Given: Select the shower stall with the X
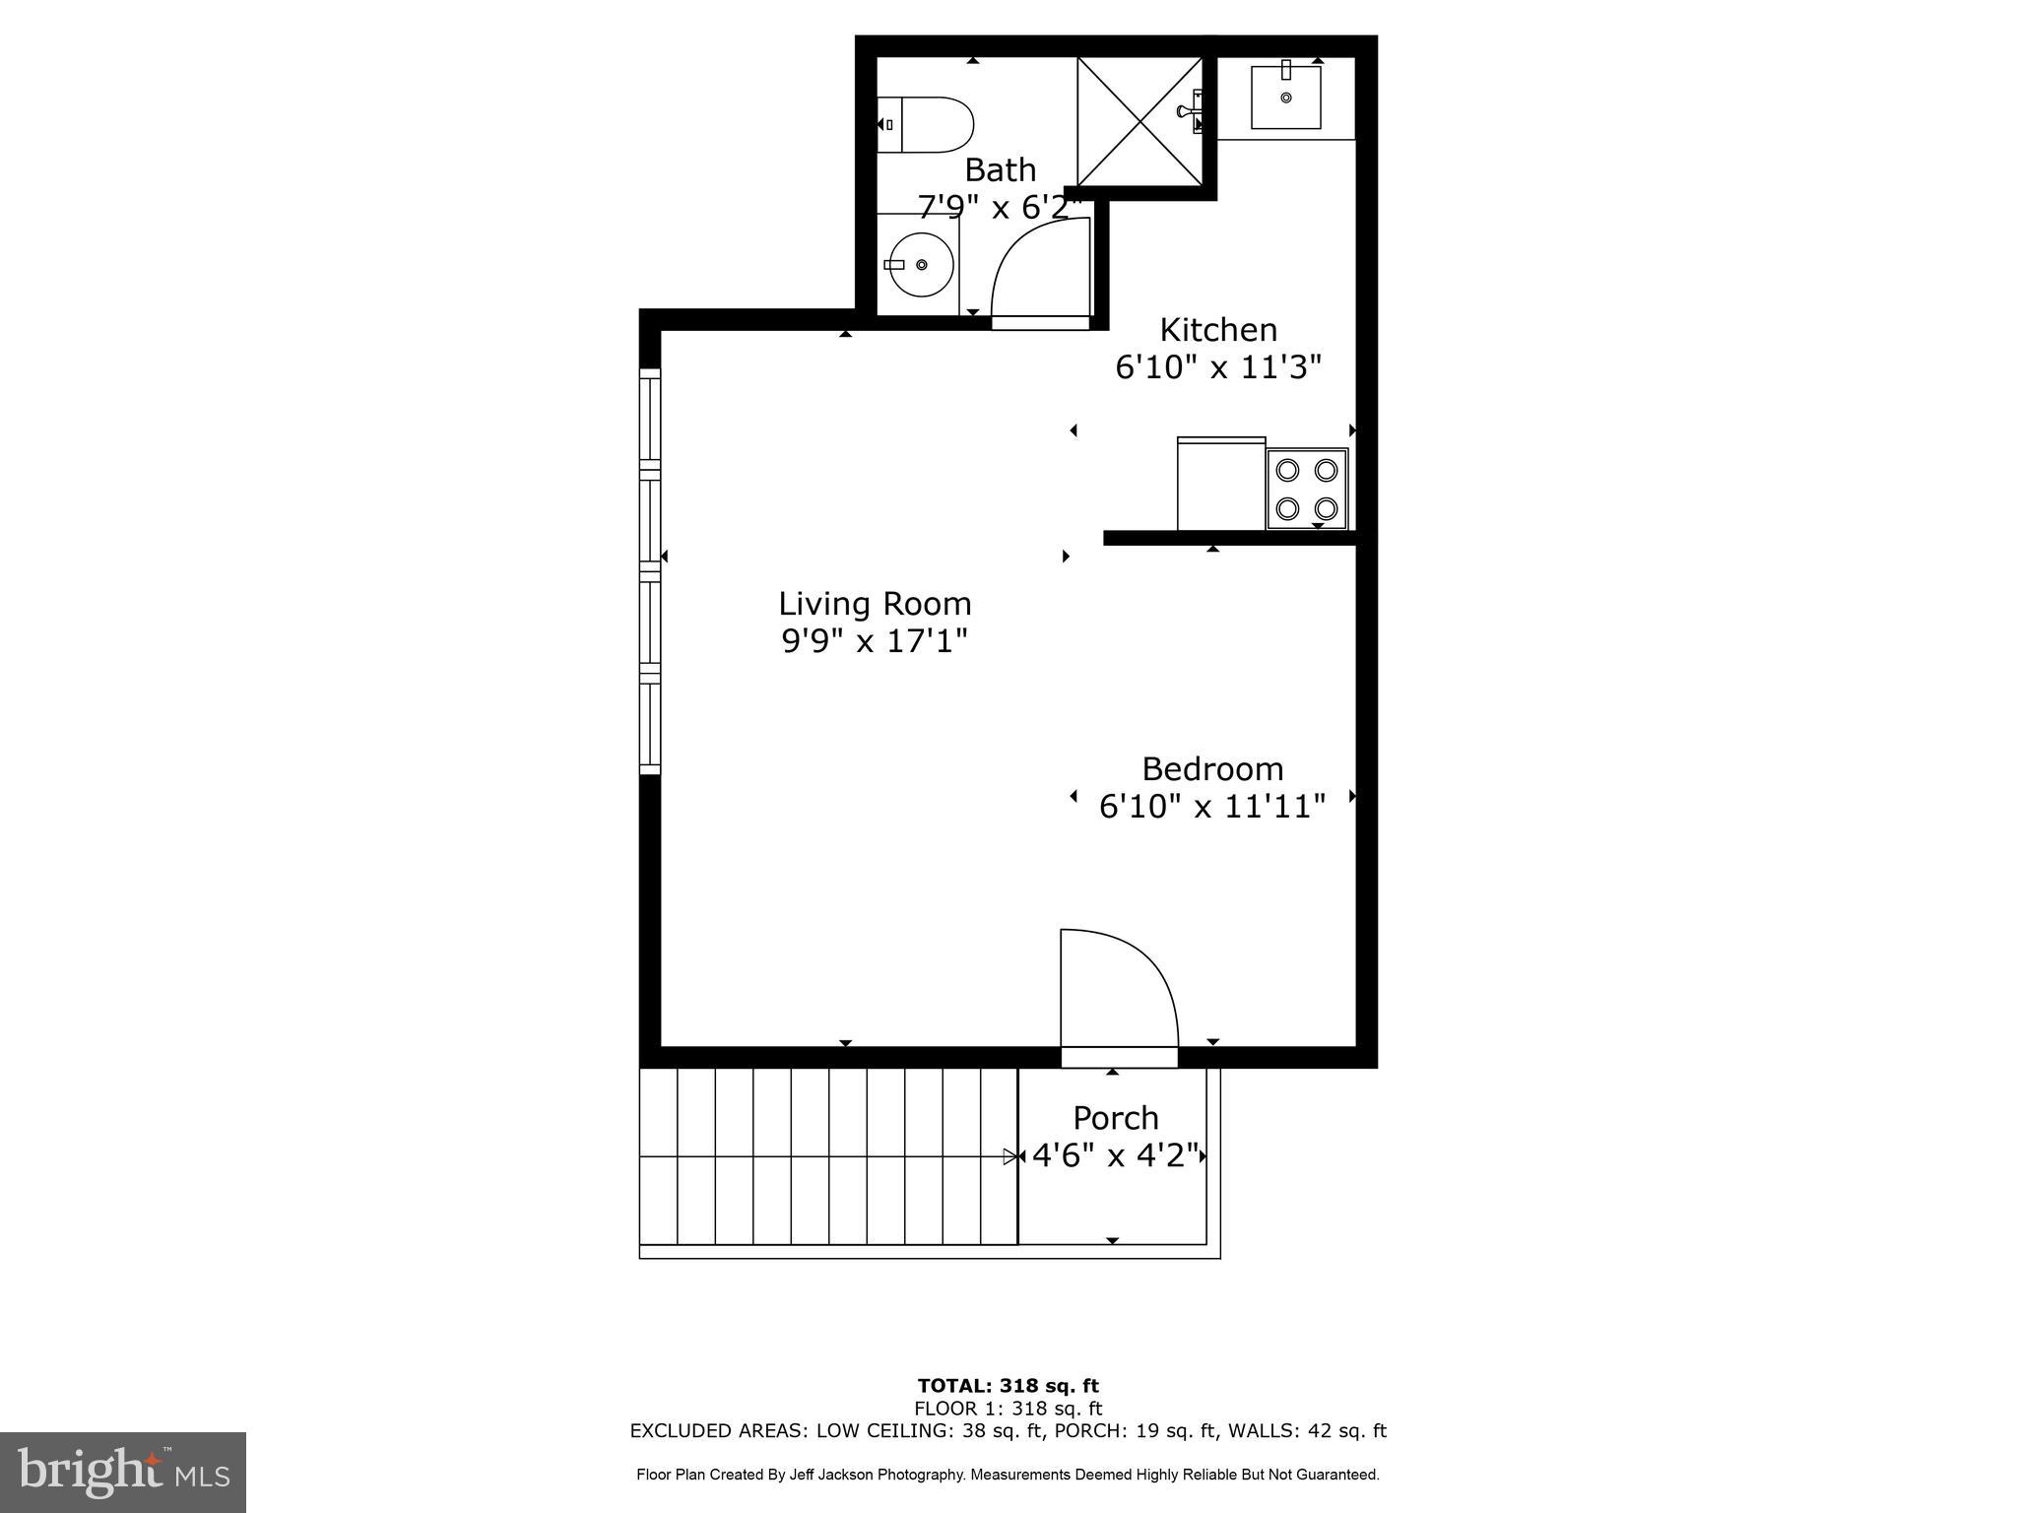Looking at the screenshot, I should (1139, 121).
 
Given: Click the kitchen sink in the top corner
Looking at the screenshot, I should (1285, 97).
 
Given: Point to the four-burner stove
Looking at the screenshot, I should (1306, 489).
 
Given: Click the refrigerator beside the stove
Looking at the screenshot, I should (1220, 484).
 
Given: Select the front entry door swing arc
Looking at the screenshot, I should (1123, 985).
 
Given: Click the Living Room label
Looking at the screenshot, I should (875, 603).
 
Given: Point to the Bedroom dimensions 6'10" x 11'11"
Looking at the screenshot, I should (1211, 807).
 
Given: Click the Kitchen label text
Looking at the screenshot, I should (1217, 329).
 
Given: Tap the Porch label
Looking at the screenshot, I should (1115, 1118).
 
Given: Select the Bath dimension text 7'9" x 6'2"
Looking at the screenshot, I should (999, 207).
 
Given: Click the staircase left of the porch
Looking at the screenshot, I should (827, 1157).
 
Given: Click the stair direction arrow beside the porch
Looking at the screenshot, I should (1010, 1156).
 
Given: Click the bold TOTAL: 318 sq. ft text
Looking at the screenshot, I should (1008, 1386).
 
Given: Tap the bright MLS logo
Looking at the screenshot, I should (122, 1472).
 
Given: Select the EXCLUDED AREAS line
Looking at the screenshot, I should (1008, 1430).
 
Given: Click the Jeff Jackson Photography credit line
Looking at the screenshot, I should (1008, 1475).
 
